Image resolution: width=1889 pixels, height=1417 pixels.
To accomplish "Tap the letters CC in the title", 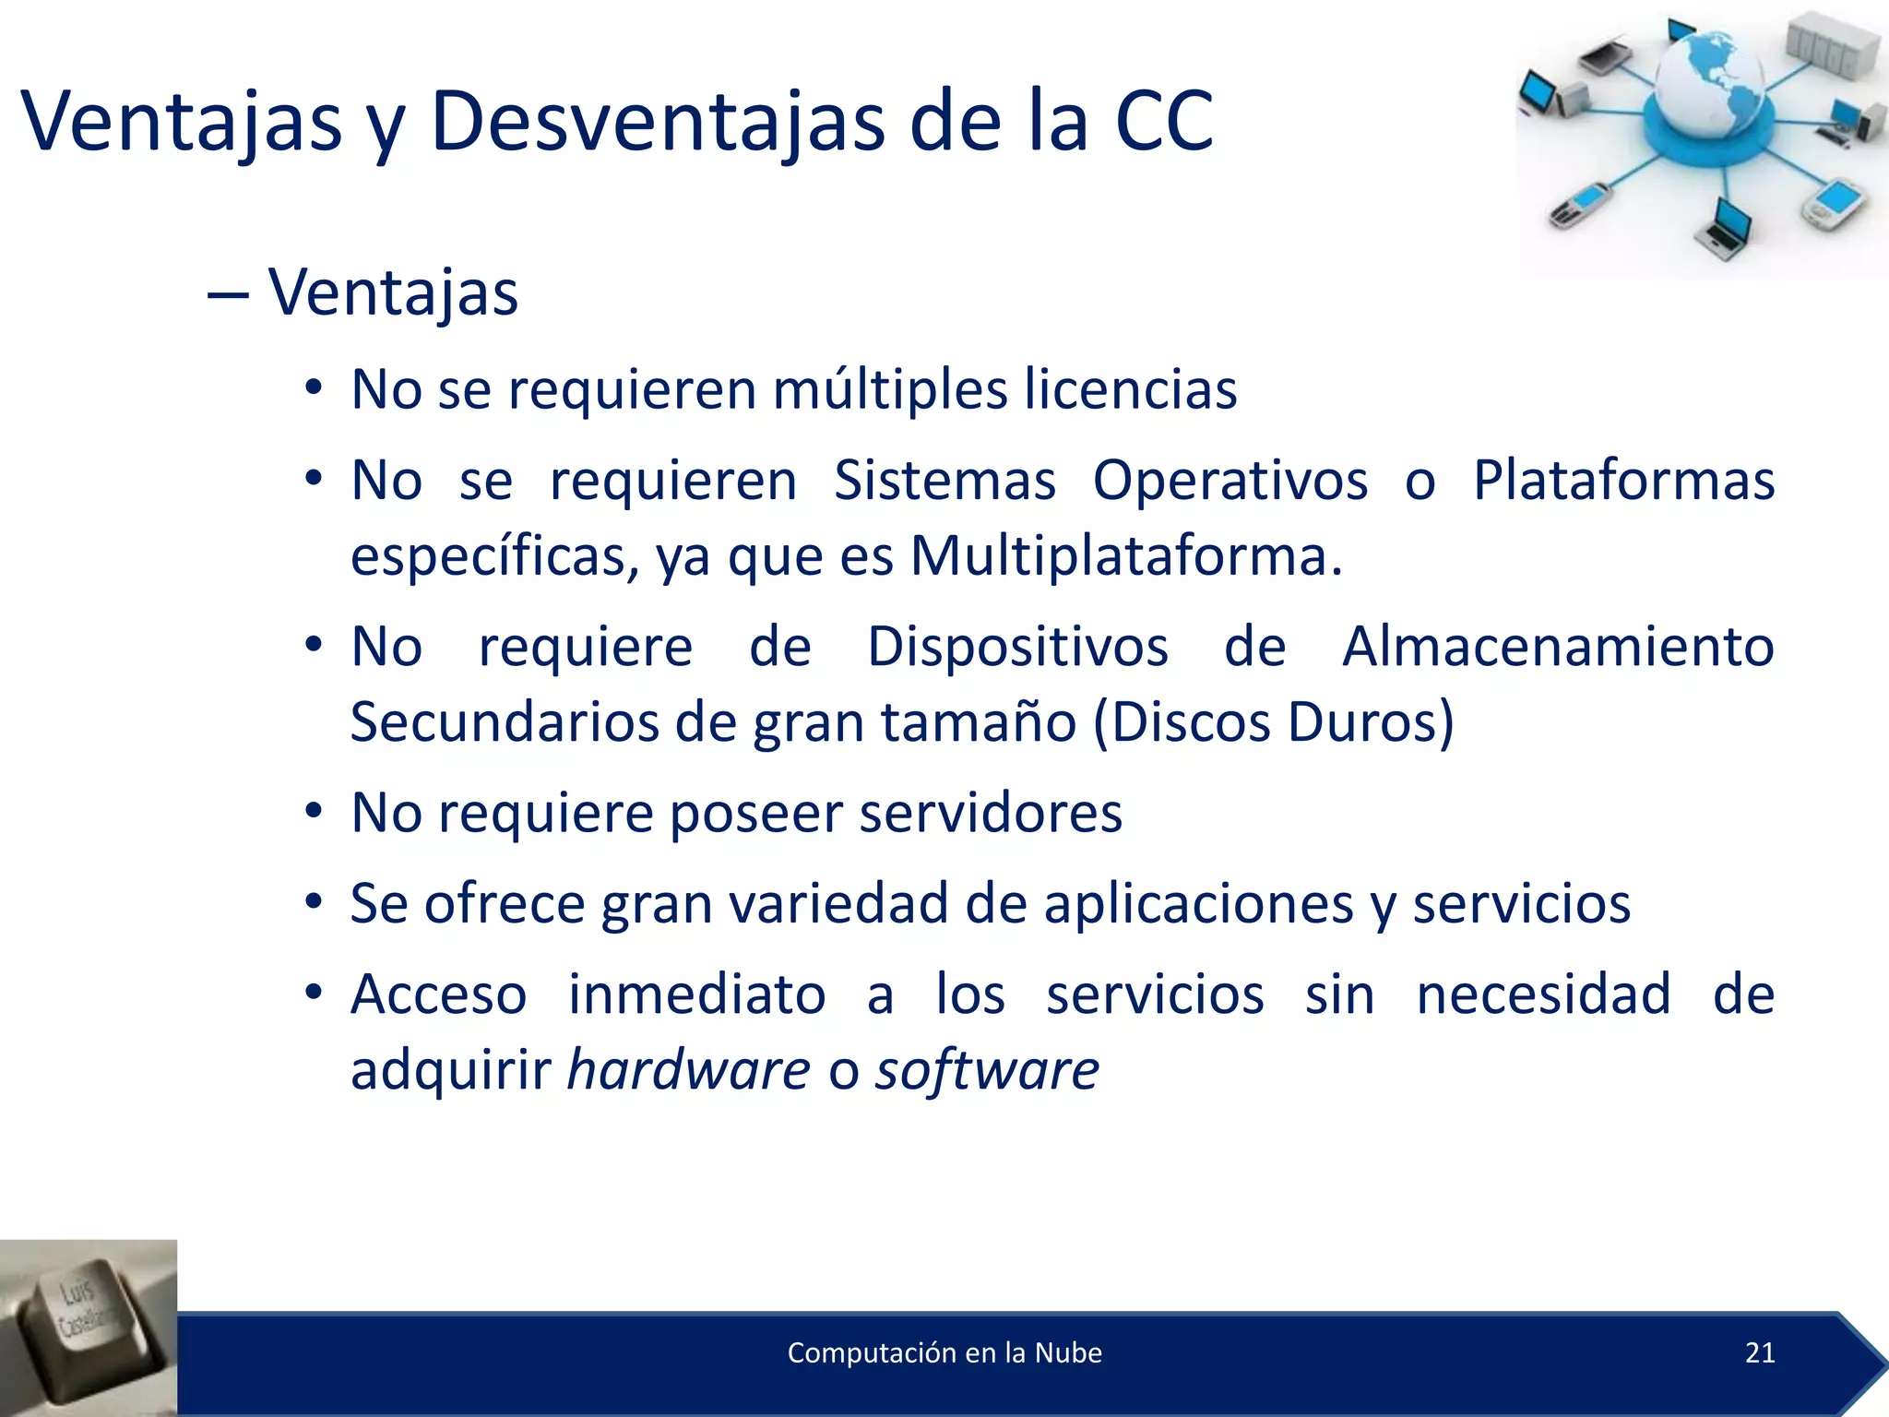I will (x=1164, y=122).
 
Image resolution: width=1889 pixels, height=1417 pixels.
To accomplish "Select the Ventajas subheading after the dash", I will (x=393, y=293).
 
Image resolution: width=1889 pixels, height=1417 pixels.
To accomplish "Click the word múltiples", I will (x=890, y=389).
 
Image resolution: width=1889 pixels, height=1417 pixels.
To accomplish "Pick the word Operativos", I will (x=1230, y=481).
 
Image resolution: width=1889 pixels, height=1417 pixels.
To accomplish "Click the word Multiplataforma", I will (x=1125, y=556).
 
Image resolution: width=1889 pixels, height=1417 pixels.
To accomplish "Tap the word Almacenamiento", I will (x=1558, y=646).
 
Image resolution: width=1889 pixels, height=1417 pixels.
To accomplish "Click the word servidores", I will (x=991, y=813).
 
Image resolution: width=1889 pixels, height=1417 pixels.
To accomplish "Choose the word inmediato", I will (x=696, y=994).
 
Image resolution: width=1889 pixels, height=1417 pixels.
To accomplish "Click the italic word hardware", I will (x=688, y=1070).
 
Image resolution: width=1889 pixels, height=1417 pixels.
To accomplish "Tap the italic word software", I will (x=987, y=1070).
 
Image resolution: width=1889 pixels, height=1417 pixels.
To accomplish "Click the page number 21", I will (x=1760, y=1352).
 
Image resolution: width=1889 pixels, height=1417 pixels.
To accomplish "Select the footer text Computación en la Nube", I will (x=944, y=1352).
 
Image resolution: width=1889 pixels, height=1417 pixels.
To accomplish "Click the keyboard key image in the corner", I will (x=88, y=1327).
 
